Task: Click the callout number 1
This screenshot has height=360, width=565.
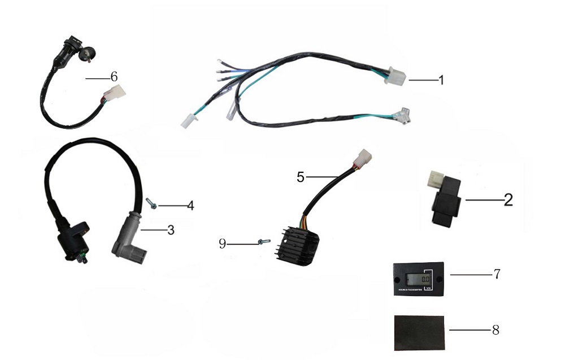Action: coord(441,80)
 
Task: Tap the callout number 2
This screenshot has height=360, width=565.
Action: coord(508,199)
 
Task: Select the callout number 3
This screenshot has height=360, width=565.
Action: coord(171,230)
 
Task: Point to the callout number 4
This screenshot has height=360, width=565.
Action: coord(190,206)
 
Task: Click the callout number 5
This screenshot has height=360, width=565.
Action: coord(301,177)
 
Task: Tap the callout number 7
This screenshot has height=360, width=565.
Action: coord(497,274)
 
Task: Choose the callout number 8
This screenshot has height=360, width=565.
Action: coord(496,329)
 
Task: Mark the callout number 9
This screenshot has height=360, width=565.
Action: coord(223,244)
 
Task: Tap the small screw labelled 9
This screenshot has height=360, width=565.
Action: coord(263,242)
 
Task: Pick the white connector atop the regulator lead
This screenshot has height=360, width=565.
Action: coord(362,155)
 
